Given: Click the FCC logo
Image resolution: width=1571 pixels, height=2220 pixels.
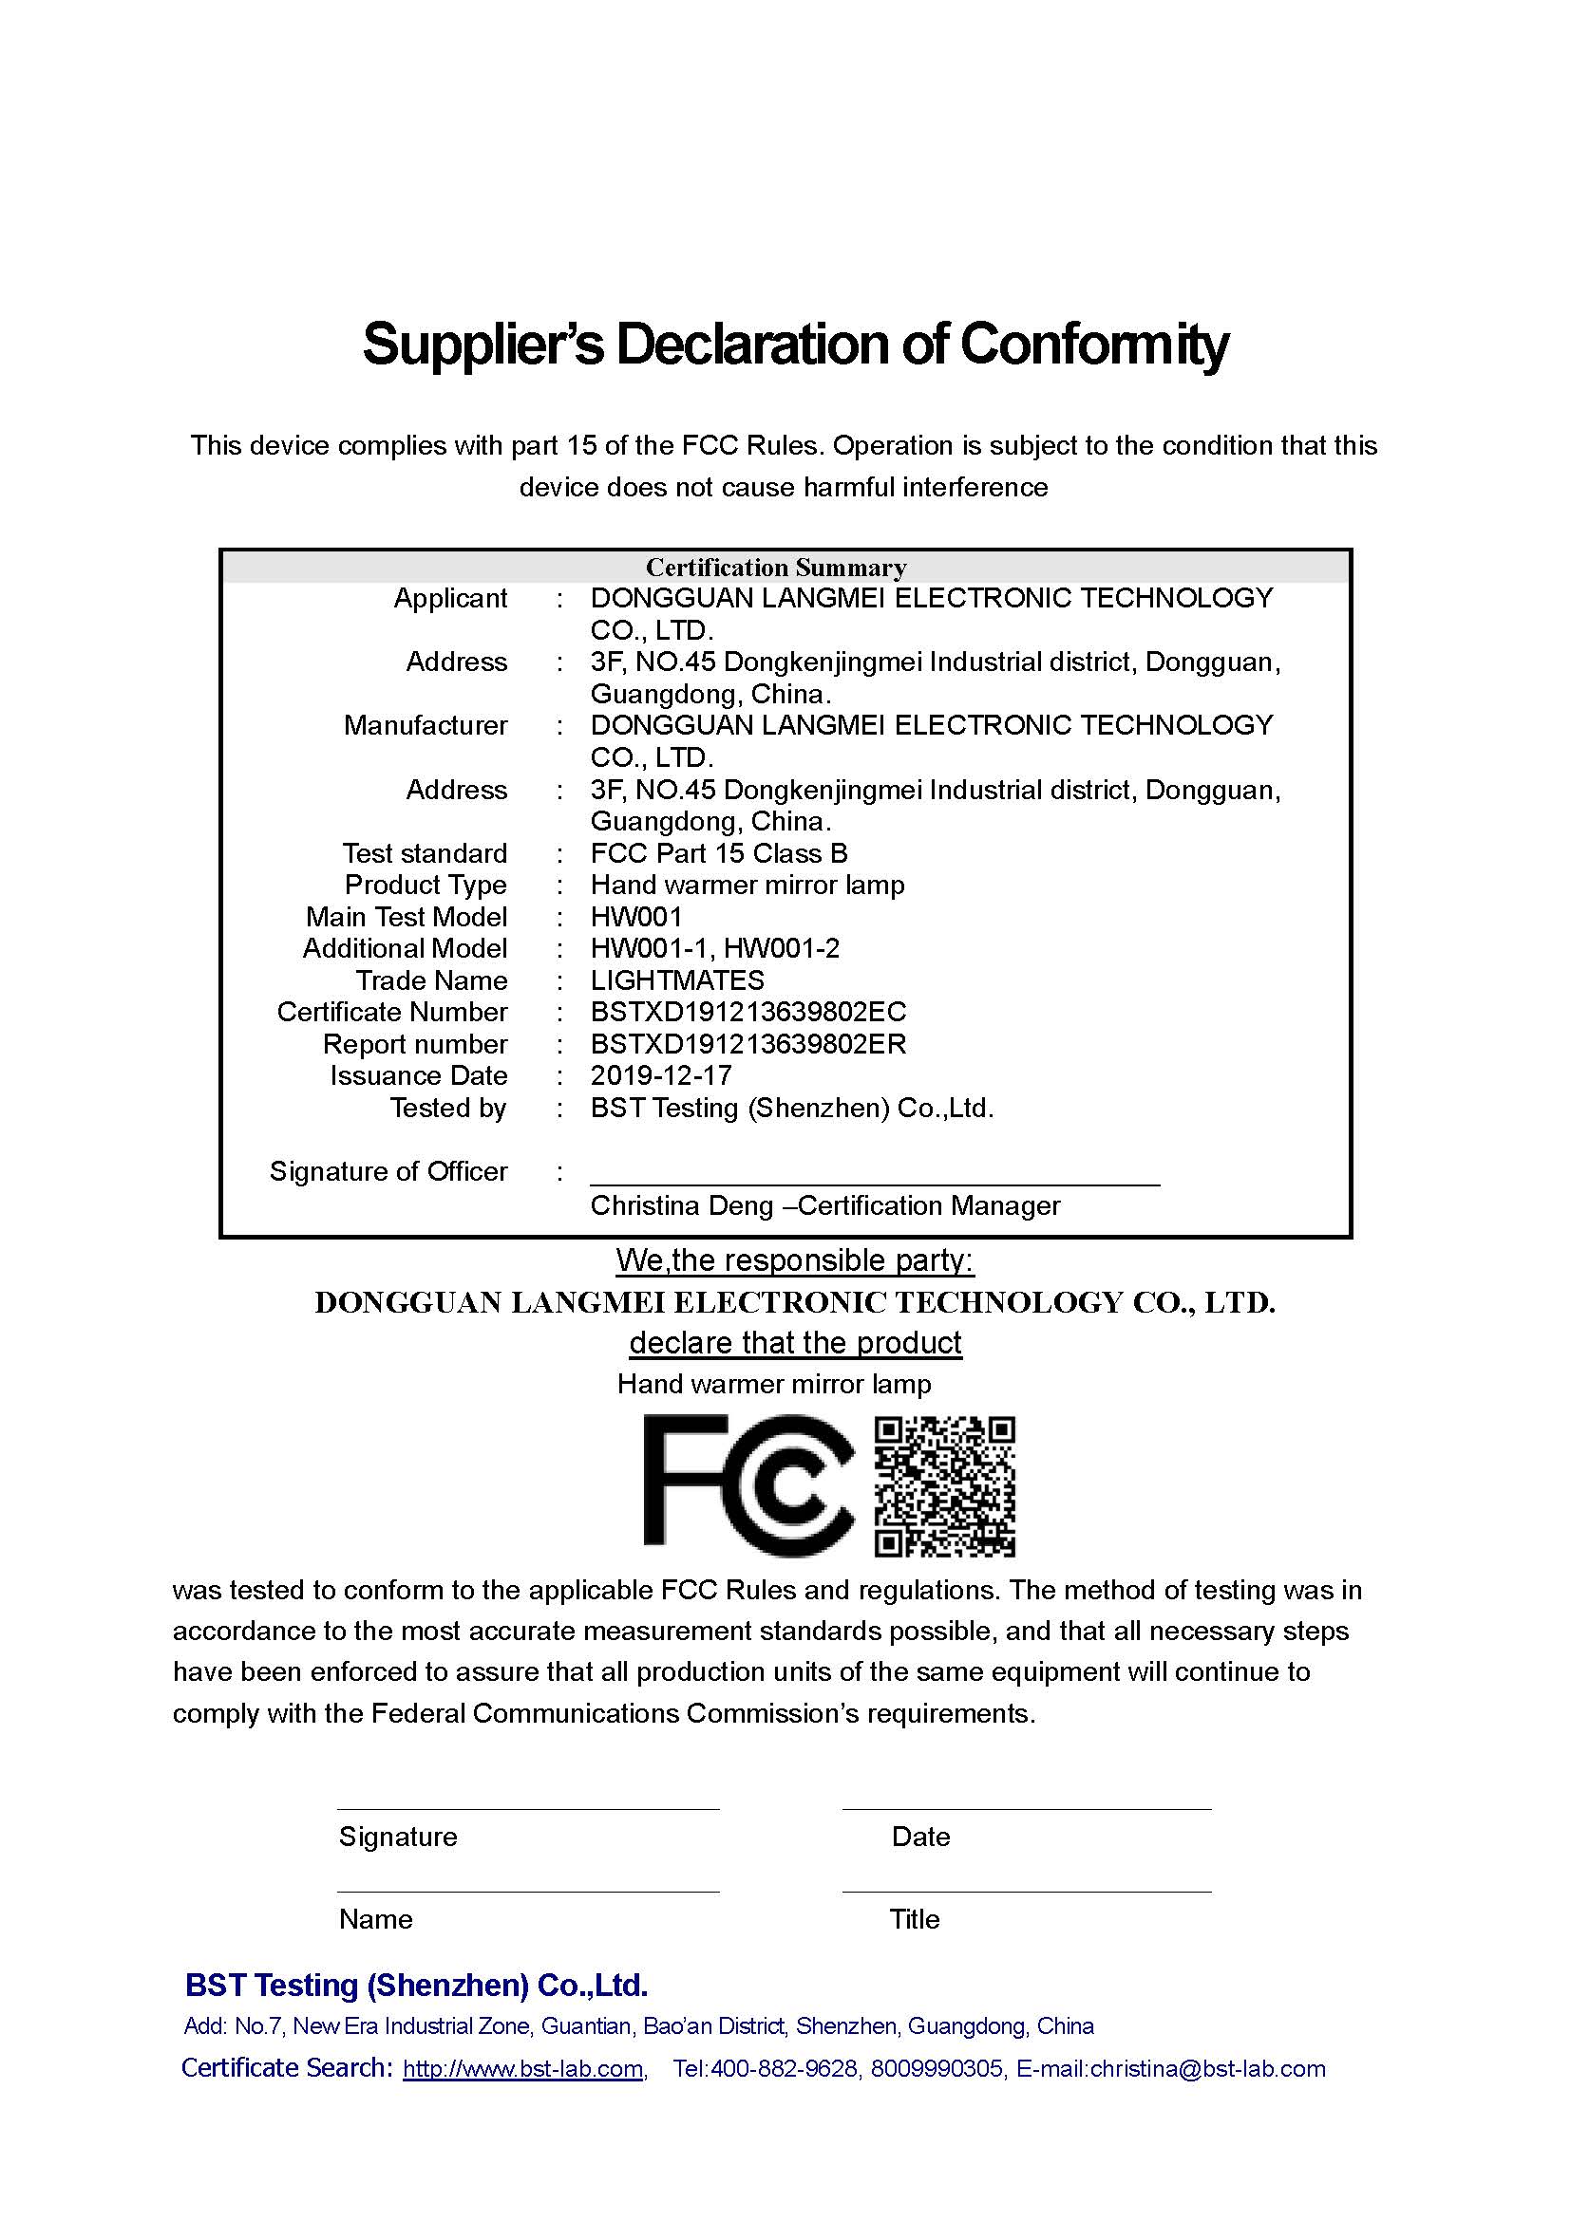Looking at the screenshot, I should point(748,1485).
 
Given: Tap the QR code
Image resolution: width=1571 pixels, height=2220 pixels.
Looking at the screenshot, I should point(944,1487).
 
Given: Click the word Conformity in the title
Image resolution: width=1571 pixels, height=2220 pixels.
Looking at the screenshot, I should point(1093,345).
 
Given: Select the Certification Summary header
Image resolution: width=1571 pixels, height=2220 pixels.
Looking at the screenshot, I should point(776,568).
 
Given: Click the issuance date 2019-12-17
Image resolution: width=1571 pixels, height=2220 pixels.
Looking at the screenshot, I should point(661,1076).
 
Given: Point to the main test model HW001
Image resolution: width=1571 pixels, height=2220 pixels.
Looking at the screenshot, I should point(636,917).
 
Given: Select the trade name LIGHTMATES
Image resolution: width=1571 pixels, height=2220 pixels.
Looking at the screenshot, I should point(677,980).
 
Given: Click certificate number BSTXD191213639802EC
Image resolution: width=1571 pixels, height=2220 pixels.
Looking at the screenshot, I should point(748,1013).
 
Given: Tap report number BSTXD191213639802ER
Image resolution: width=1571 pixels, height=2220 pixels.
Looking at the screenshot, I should point(748,1044).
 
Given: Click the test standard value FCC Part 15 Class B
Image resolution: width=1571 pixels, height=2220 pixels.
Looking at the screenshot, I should point(719,854).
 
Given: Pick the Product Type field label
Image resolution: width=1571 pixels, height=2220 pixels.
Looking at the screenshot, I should point(426,886).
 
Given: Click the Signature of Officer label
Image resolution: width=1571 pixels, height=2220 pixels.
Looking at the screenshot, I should point(388,1172).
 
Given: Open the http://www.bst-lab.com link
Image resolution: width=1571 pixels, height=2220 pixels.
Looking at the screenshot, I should point(523,2069).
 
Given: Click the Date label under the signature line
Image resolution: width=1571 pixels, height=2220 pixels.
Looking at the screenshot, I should point(921,1838).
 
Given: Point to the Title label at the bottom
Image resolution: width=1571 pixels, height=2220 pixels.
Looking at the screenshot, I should point(914,1919).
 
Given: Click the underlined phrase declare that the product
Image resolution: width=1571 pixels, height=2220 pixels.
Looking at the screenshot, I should point(795,1343).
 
